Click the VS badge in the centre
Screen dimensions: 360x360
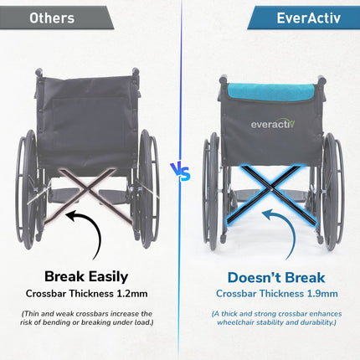click(180, 172)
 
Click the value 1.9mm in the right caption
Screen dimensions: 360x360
click(321, 294)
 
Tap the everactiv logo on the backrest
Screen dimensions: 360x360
click(271, 124)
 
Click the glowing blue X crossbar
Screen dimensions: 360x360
click(270, 194)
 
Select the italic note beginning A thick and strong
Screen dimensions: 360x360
click(277, 318)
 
